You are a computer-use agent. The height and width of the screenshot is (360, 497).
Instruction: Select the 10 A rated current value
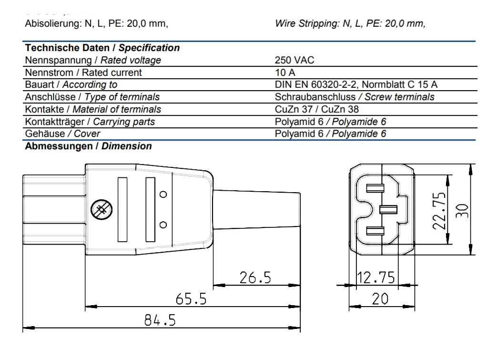click(x=285, y=72)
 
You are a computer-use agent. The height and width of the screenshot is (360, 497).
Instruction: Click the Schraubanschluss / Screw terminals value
click(x=355, y=97)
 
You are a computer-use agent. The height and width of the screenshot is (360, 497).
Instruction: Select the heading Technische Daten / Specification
click(x=102, y=48)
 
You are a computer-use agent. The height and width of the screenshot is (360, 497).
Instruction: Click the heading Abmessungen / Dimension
click(x=89, y=146)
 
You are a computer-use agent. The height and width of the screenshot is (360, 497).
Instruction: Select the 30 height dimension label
click(x=462, y=210)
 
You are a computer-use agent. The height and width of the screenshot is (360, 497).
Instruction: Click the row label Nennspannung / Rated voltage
click(x=93, y=60)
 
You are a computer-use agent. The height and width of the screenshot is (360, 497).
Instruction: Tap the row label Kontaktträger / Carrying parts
click(x=90, y=122)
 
